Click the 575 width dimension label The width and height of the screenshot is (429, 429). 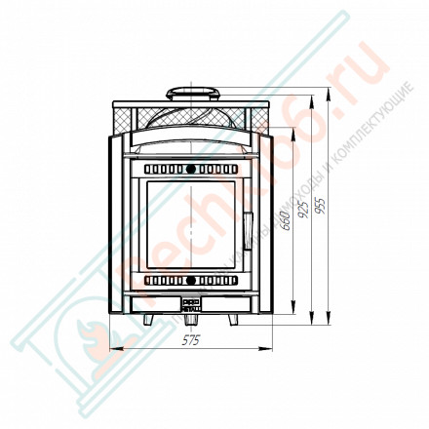(191, 340)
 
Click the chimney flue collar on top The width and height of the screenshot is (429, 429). (191, 93)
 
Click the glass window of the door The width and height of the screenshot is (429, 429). (191, 225)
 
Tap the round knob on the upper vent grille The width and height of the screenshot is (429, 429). (191, 170)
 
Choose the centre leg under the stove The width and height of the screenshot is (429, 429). (191, 319)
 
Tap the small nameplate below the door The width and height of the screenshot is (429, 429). (191, 300)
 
